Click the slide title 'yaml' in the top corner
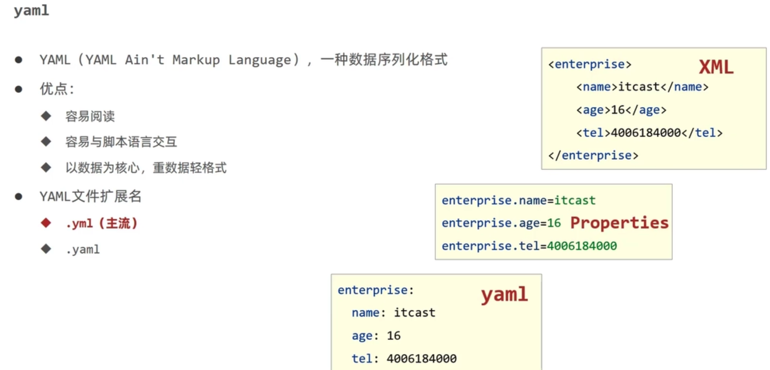[x=31, y=11]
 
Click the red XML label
[x=716, y=67]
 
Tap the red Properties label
[x=619, y=223]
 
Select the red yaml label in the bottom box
[x=504, y=295]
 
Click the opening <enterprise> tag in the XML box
[x=590, y=64]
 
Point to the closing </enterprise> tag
[x=593, y=155]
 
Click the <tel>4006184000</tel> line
[x=649, y=133]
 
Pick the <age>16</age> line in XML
[x=621, y=110]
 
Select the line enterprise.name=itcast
[x=518, y=200]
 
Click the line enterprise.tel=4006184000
[x=529, y=246]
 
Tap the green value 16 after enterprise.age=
[x=554, y=223]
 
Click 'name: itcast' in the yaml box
[x=393, y=313]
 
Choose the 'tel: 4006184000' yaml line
[x=404, y=359]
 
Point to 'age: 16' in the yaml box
[x=376, y=336]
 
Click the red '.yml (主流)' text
[x=102, y=223]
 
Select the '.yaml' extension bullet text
[x=82, y=249]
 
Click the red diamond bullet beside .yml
[x=46, y=223]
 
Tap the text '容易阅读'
[x=90, y=116]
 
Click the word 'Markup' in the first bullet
[x=196, y=60]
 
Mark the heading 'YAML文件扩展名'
[x=90, y=197]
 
